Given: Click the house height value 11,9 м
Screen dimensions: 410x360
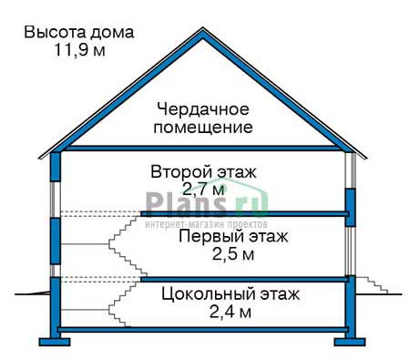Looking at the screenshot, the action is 80,49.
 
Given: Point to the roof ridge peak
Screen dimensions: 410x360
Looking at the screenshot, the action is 202,30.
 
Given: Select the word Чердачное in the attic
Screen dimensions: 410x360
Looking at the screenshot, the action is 203,109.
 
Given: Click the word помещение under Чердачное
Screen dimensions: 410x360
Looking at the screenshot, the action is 203,128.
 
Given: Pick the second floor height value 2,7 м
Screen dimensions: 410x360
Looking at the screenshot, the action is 204,190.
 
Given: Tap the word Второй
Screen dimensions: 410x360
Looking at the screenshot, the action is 181,171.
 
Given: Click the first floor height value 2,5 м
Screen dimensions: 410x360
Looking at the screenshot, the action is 233,254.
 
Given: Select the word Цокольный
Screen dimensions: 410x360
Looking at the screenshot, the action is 208,294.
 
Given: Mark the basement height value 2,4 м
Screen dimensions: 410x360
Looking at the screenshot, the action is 231,312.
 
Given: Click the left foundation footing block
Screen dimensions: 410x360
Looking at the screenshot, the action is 55,342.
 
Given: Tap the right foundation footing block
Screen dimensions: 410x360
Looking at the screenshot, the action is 350,342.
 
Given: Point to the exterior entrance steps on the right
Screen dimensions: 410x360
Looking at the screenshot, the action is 372,285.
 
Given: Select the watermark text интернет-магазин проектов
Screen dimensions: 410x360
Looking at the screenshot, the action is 207,224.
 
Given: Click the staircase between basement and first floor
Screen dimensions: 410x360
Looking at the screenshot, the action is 126,303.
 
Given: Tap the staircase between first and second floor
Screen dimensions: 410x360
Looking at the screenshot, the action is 128,244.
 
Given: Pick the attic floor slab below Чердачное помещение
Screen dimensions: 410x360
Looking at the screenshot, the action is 203,149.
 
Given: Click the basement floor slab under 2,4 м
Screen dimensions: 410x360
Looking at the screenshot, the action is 203,329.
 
